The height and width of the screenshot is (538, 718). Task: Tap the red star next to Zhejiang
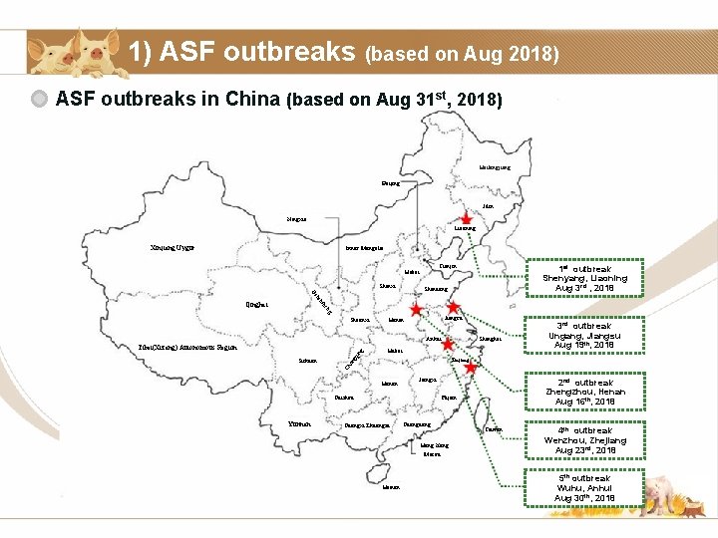point(471,368)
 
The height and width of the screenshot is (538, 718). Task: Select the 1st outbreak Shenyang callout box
point(585,278)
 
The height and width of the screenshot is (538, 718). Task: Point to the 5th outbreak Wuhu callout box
point(585,487)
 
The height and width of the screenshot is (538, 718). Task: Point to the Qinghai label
point(256,304)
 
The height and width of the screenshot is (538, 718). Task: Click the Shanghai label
point(490,340)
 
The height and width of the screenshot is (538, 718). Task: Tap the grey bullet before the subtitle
point(40,100)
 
